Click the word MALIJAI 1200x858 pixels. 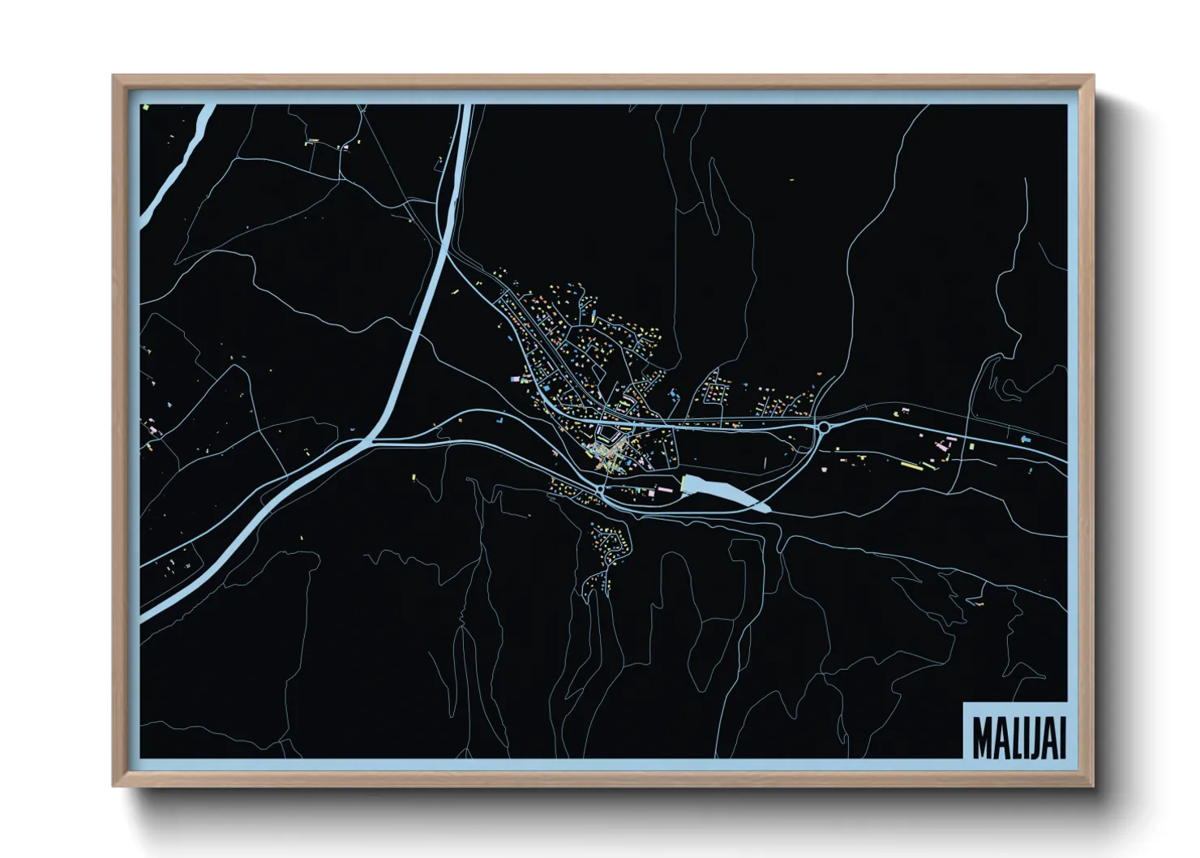[1018, 736]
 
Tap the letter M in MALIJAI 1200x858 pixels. [982, 736]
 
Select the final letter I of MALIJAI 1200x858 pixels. [1061, 736]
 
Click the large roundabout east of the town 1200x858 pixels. [824, 426]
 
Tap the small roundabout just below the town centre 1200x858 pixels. [600, 490]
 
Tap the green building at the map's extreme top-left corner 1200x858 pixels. [145, 106]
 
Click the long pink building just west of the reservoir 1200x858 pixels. [663, 488]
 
